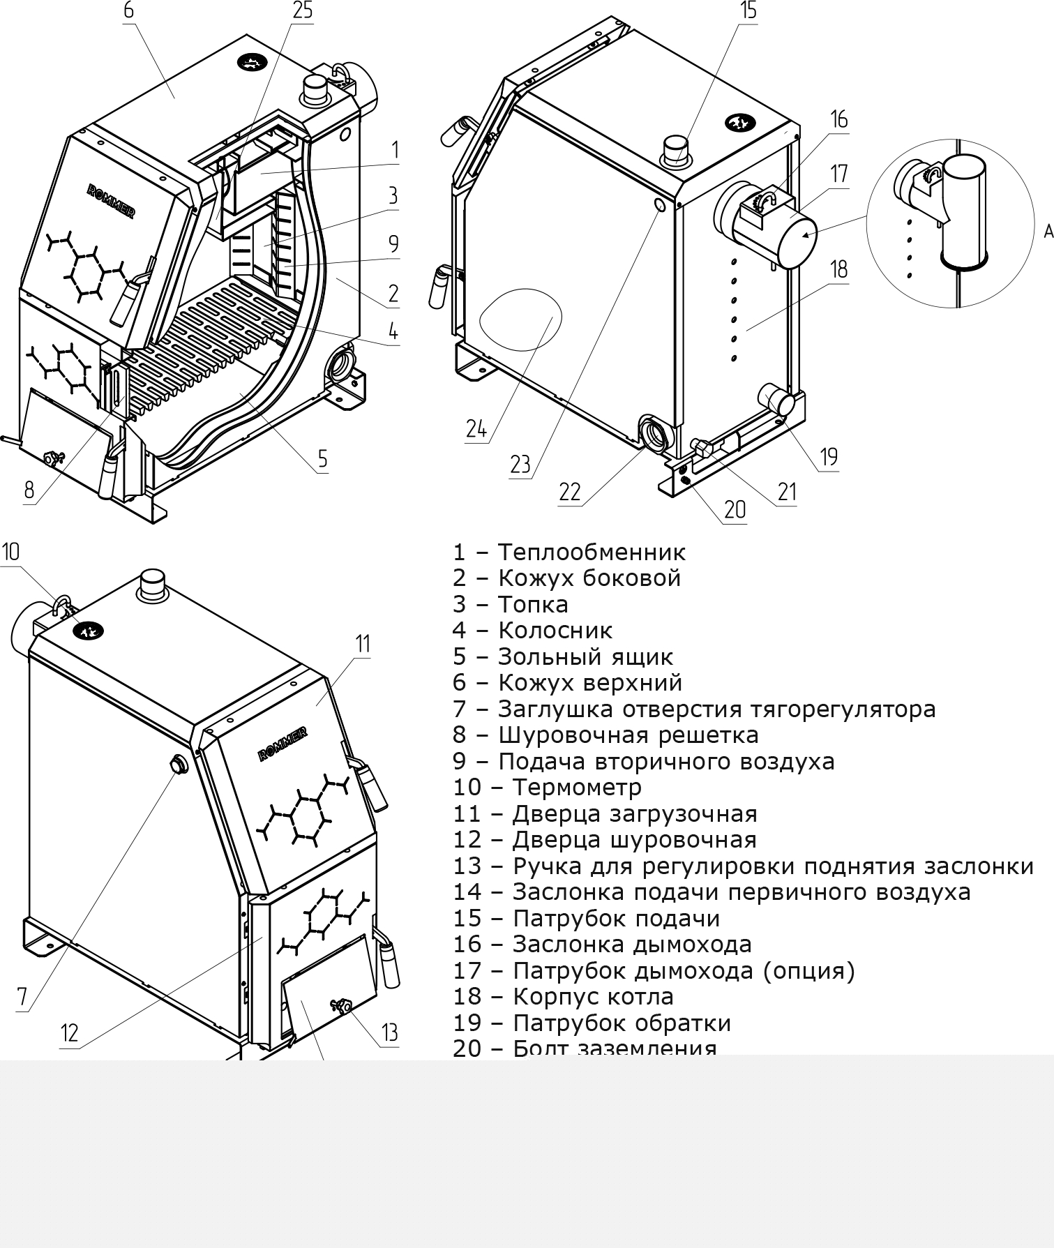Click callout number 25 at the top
click(302, 11)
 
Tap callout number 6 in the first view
click(128, 11)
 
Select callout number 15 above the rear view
click(748, 11)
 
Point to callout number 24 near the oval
click(476, 428)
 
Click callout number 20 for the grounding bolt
click(735, 510)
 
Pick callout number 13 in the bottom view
click(389, 1032)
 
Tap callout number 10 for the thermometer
click(11, 552)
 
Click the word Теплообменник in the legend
click(592, 552)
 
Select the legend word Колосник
click(555, 631)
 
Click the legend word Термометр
click(577, 788)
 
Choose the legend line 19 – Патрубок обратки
click(592, 1023)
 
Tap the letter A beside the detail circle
click(1048, 232)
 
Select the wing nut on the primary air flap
click(342, 1005)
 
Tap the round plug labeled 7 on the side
click(179, 764)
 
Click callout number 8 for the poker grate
click(29, 490)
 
